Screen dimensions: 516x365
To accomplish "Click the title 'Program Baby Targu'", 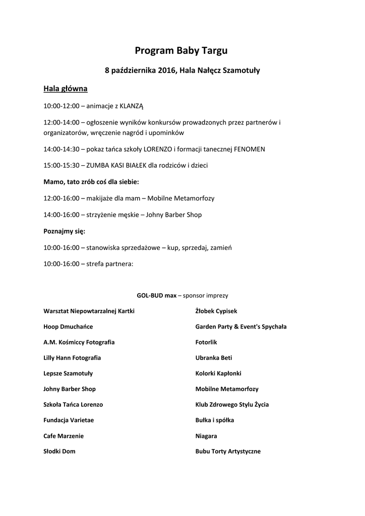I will click(x=181, y=50).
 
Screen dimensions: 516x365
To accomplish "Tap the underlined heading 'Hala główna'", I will click(x=66, y=89).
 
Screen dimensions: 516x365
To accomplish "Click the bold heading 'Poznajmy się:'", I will click(x=65, y=231).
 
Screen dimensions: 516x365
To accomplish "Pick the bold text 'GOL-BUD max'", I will click(x=157, y=296).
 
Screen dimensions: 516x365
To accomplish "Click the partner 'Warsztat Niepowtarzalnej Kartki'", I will click(x=89, y=311).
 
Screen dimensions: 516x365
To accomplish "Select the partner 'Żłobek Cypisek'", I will click(x=216, y=311).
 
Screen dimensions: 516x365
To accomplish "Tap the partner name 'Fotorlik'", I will click(x=206, y=342).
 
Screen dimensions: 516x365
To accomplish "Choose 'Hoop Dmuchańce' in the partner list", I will click(x=68, y=327).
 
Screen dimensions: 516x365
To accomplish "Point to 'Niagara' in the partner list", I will click(x=206, y=436).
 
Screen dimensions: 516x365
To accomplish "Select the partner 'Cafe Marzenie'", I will click(x=64, y=436).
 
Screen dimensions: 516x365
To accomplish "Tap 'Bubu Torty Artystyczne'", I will click(x=228, y=451).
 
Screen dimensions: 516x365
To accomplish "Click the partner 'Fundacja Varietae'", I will click(x=69, y=420).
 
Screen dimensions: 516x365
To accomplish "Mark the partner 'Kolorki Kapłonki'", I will click(x=218, y=373).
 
